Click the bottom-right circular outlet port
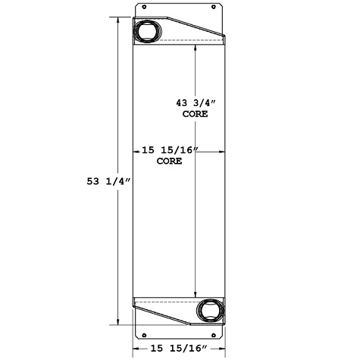click(210, 310)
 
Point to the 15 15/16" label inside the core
click(169, 151)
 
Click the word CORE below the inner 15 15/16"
click(169, 161)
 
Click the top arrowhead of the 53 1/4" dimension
click(116, 21)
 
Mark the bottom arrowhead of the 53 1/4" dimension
click(116, 321)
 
